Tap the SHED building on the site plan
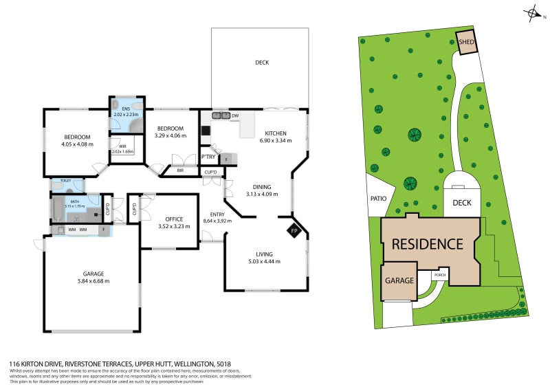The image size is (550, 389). pyautogui.click(x=466, y=42)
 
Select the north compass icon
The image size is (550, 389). pyautogui.click(x=532, y=12)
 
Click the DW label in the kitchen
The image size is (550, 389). pyautogui.click(x=235, y=115)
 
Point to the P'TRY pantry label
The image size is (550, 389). pyautogui.click(x=208, y=158)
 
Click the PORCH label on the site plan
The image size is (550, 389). pyautogui.click(x=440, y=276)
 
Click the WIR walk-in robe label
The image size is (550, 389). pyautogui.click(x=122, y=146)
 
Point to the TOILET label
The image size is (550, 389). pyautogui.click(x=66, y=181)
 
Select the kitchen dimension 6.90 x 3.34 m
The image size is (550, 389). pyautogui.click(x=275, y=140)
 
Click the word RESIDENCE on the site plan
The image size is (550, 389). pyautogui.click(x=428, y=244)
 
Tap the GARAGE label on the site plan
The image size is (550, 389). pyautogui.click(x=399, y=280)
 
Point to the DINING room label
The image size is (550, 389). pyautogui.click(x=261, y=186)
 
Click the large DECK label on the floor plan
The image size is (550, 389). pyautogui.click(x=262, y=63)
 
